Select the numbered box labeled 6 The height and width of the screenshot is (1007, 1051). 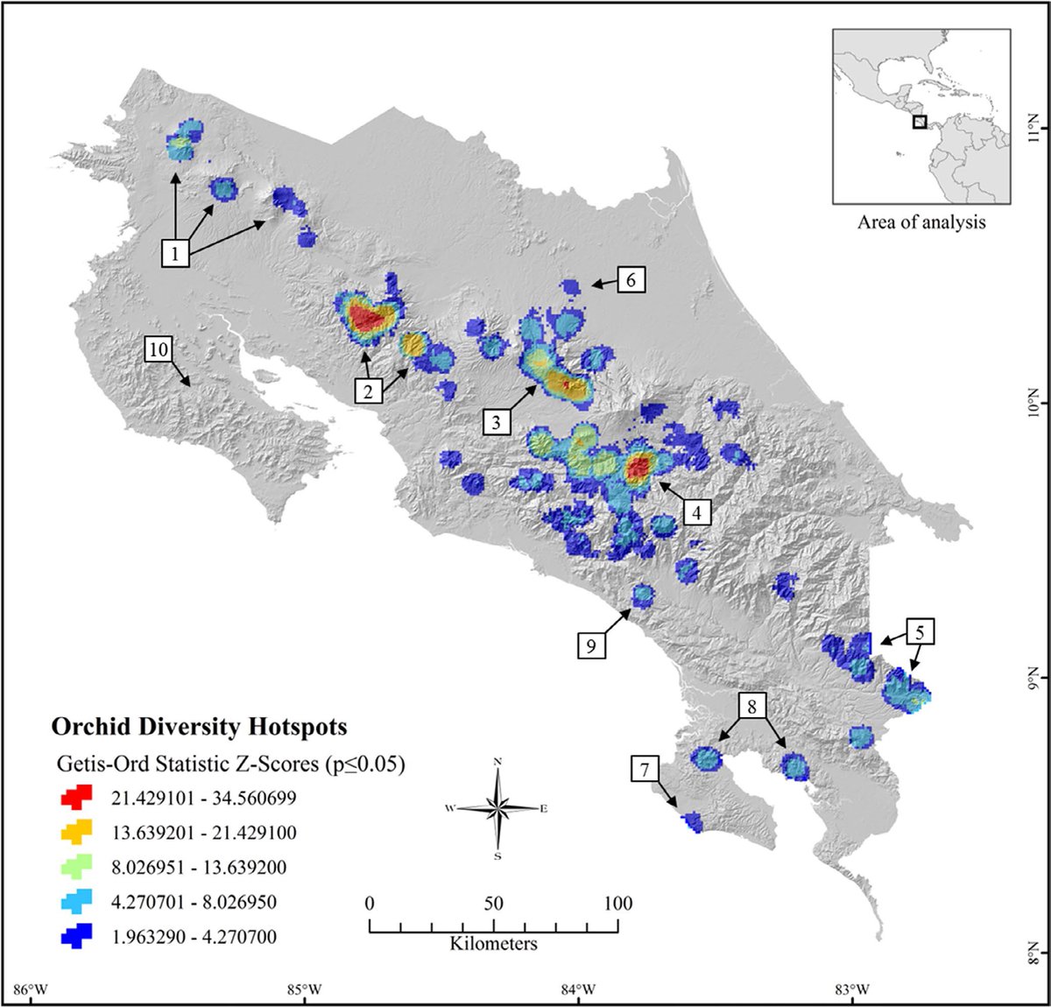631,279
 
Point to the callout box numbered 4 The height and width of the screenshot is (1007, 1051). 696,512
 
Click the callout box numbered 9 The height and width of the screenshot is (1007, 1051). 591,645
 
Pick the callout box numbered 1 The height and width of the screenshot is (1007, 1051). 176,254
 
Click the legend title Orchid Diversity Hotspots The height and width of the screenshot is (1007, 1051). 199,727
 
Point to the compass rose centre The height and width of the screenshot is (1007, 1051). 497,808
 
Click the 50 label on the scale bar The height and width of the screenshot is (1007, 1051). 494,904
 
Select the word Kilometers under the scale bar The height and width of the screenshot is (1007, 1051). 494,944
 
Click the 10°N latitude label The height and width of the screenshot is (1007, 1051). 1033,404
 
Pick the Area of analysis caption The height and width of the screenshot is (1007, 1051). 921,222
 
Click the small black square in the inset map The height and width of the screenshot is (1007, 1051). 919,123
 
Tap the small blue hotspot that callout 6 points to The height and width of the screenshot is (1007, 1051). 571,286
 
